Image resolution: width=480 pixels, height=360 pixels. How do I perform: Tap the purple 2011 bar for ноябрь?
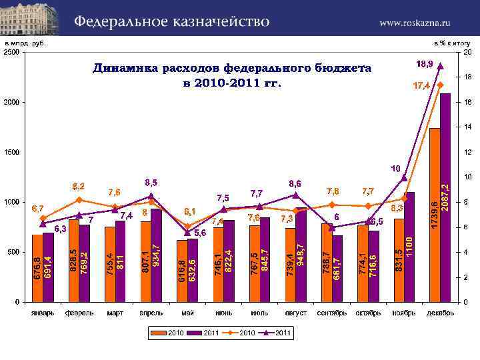[409, 247]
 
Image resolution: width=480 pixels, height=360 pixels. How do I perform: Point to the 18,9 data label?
[425, 64]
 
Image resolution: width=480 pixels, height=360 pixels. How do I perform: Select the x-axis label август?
[295, 313]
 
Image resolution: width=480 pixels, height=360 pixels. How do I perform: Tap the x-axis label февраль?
[79, 313]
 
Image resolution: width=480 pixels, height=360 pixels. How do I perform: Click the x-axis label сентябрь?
[331, 313]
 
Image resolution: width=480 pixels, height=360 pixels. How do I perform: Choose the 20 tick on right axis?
[468, 53]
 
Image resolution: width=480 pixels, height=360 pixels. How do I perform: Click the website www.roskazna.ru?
[415, 23]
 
